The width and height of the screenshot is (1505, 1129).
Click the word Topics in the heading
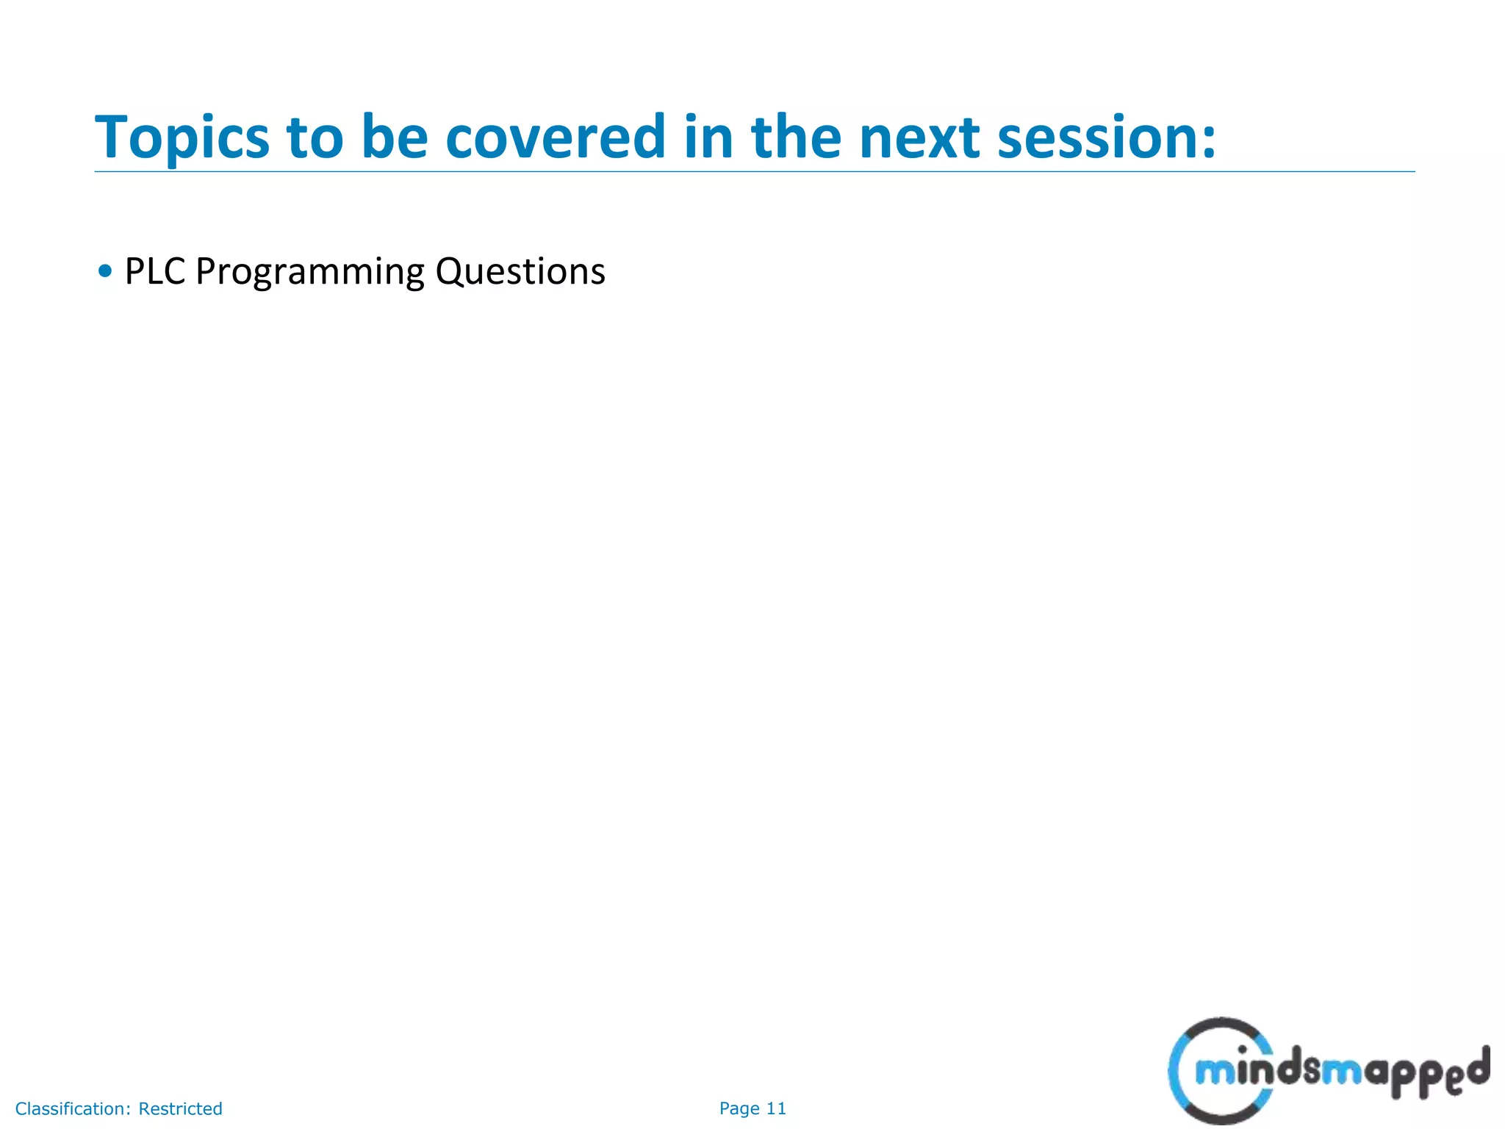(x=182, y=137)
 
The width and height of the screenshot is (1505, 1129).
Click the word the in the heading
(x=796, y=137)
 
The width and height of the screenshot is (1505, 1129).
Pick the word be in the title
(x=395, y=137)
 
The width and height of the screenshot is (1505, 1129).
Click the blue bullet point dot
(x=105, y=271)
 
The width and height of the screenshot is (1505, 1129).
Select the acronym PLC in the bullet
(x=154, y=271)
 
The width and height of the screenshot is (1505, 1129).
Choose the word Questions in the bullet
(x=520, y=271)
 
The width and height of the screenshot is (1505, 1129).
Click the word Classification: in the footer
(x=73, y=1108)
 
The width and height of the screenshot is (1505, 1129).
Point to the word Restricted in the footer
(x=180, y=1108)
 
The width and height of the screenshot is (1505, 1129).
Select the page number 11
(x=776, y=1108)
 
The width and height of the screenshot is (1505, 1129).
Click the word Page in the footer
(x=739, y=1108)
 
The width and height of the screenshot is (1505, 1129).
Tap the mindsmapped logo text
(x=1341, y=1073)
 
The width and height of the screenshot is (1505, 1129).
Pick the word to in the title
(x=315, y=137)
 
